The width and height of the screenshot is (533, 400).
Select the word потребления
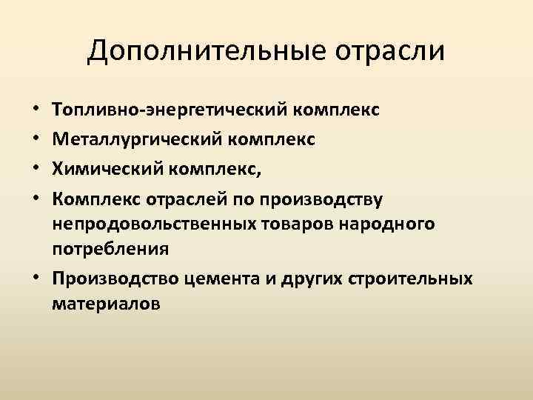110,250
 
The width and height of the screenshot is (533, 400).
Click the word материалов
104,303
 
